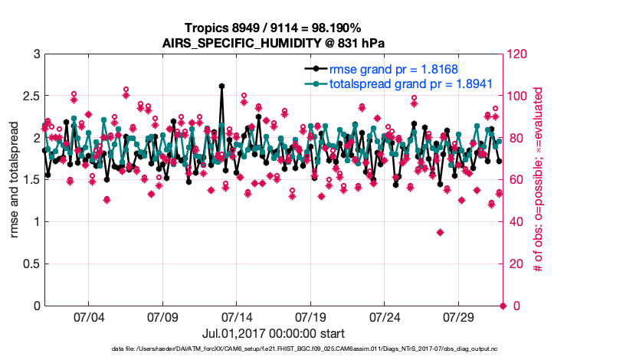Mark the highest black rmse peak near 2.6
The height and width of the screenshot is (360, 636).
(221, 87)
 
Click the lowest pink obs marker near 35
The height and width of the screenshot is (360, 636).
(440, 232)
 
